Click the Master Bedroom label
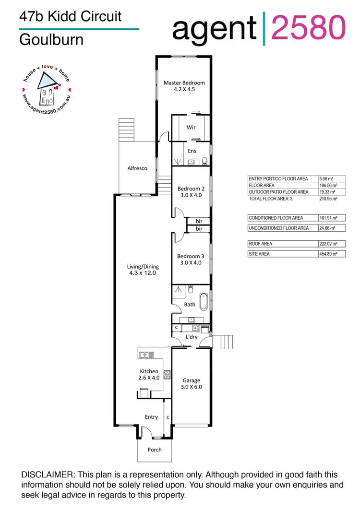click(184, 85)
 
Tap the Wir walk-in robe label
click(191, 128)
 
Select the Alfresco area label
click(137, 168)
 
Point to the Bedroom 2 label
click(191, 192)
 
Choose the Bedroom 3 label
click(191, 259)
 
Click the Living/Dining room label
click(143, 270)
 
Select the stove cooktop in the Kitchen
click(168, 374)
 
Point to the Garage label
click(191, 384)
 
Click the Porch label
click(155, 450)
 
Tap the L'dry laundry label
click(191, 337)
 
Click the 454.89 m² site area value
click(328, 254)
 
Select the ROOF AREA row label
click(260, 244)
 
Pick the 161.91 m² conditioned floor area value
click(328, 218)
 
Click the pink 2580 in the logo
click(308, 28)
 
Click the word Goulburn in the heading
click(45, 39)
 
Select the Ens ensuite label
click(192, 151)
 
